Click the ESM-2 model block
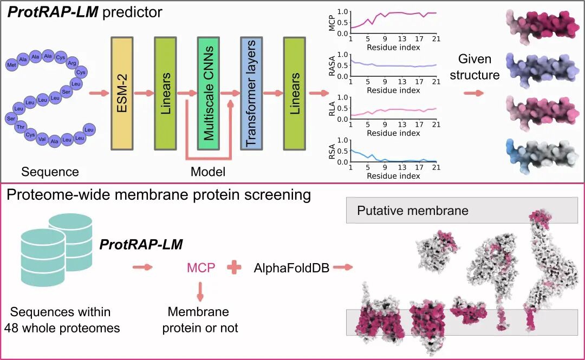click(123, 93)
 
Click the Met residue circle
click(11, 65)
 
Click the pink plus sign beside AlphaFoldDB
click(235, 267)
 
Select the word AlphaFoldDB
click(291, 267)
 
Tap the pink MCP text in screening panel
click(200, 267)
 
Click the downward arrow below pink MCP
click(200, 292)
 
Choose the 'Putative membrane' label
click(413, 210)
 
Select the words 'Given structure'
click(474, 67)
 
